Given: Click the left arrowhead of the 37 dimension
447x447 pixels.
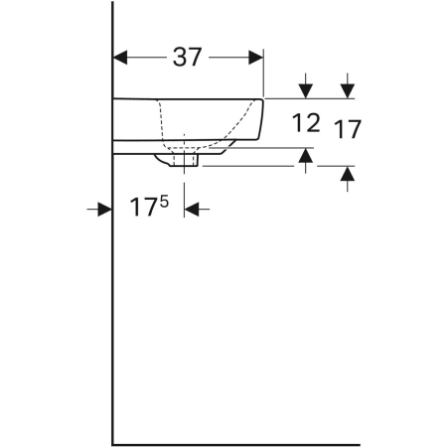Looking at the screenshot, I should (x=122, y=57).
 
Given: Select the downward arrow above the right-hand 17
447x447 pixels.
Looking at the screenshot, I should (x=347, y=87).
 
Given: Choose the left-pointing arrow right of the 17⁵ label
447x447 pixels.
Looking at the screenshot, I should (x=194, y=209).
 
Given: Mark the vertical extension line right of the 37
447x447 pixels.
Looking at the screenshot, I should (x=265, y=74).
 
